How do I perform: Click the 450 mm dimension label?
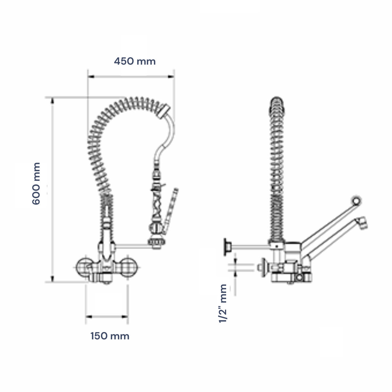(135, 61)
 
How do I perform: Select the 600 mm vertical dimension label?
(36, 184)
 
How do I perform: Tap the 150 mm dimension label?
(110, 336)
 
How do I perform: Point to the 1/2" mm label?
(222, 303)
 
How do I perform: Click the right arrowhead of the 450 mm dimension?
(171, 76)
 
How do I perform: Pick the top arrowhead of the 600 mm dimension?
(52, 100)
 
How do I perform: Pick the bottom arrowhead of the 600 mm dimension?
(52, 279)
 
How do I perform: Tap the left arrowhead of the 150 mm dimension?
(89, 317)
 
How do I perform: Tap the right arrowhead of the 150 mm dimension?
(125, 317)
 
